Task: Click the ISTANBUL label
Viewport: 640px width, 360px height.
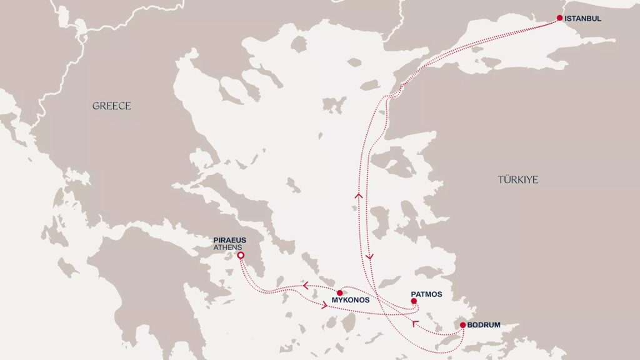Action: [x=582, y=19]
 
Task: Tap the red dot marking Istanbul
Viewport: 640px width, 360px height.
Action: [x=559, y=18]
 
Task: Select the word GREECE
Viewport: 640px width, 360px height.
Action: [x=112, y=106]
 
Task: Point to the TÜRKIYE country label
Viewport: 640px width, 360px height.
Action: [x=518, y=180]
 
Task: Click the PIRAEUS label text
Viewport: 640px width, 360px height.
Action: [x=229, y=239]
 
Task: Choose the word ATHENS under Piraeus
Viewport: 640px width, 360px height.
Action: [x=228, y=247]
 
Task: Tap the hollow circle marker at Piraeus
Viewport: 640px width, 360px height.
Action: [x=240, y=256]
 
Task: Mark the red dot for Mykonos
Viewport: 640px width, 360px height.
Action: [x=339, y=292]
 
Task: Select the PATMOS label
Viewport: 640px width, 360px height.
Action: [x=426, y=294]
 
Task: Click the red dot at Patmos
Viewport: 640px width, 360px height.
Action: [x=414, y=301]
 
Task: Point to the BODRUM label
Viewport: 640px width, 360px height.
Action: [x=483, y=325]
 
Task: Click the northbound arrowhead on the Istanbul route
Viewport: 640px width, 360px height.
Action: [x=359, y=196]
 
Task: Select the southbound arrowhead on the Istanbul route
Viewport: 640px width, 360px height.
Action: [x=369, y=256]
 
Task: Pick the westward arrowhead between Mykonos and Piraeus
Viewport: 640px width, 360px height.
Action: [x=306, y=286]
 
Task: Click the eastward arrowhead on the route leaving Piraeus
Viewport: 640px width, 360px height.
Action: [x=324, y=306]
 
